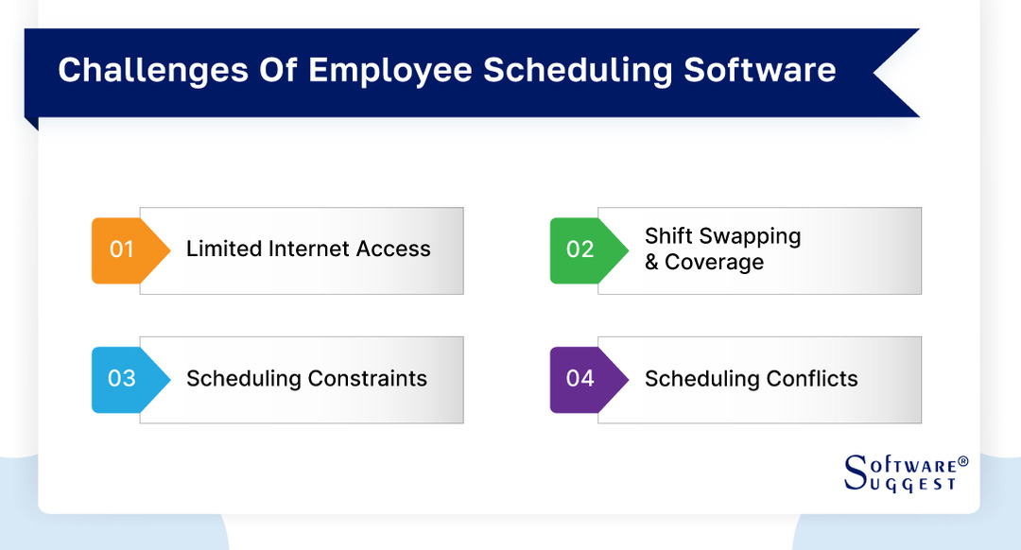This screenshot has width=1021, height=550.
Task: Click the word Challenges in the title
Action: pos(144,71)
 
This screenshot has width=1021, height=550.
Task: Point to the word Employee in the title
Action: pos(389,71)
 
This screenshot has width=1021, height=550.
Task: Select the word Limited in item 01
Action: pos(224,249)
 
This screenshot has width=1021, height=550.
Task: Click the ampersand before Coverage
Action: pos(652,263)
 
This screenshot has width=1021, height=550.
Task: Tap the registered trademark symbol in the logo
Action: pos(963,462)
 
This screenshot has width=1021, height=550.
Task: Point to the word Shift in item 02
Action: pos(669,236)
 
